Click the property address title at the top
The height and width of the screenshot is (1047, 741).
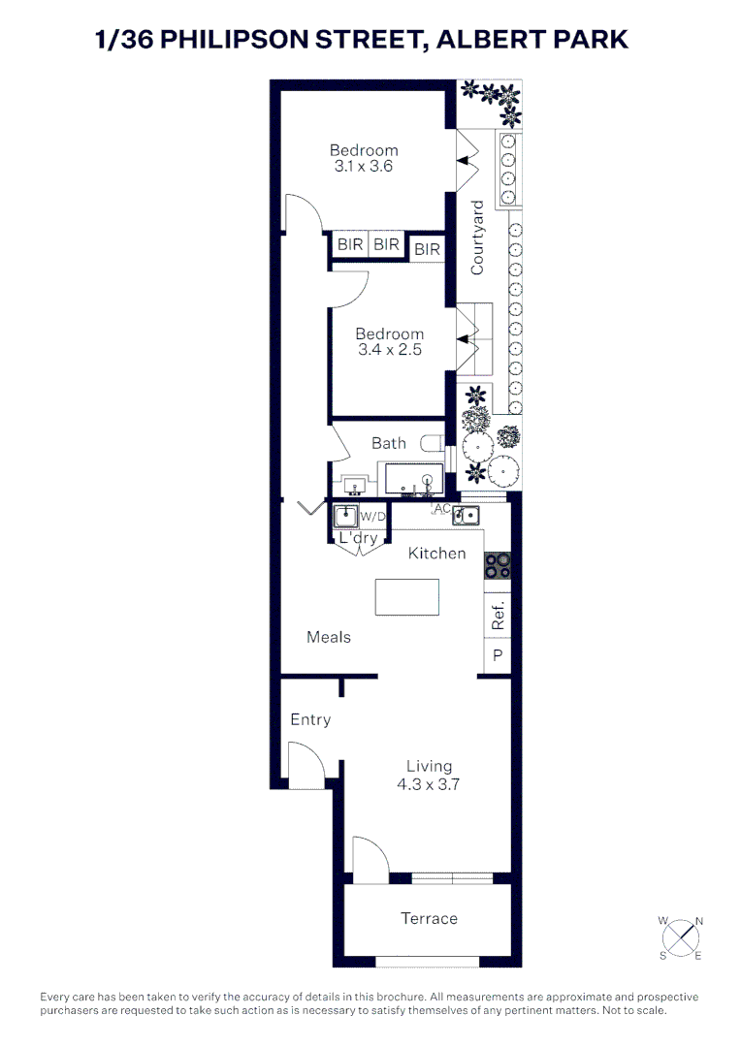coord(362,39)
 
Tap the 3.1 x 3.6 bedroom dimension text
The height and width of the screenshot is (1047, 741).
coord(364,167)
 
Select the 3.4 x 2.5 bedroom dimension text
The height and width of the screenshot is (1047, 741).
coord(389,350)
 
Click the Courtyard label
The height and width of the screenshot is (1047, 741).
coord(477,238)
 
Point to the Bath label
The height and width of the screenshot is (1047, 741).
coord(389,443)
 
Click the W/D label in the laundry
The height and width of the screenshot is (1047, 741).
coord(372,516)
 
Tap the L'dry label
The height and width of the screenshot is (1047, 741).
coord(357,538)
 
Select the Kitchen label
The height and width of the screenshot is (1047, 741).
coord(436,554)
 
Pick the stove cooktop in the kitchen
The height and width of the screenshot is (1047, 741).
coord(498,565)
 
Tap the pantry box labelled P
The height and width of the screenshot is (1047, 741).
coord(498,656)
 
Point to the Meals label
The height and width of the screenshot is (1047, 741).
coord(329,637)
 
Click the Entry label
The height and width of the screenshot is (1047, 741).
coord(310,719)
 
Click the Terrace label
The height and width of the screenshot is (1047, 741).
coord(429,918)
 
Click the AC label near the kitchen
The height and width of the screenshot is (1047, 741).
coord(441,509)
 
